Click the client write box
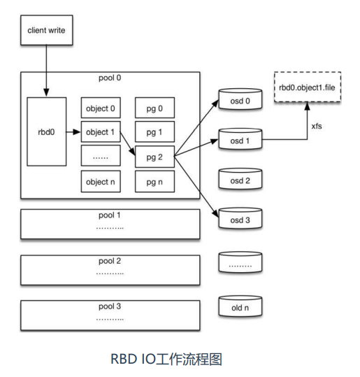tap(47, 30)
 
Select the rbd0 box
tap(47, 131)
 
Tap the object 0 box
tap(101, 108)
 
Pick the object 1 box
tap(101, 131)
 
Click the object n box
tap(101, 181)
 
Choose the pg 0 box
tap(154, 108)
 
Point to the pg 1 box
tap(154, 131)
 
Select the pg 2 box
tap(154, 157)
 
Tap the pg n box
tap(154, 181)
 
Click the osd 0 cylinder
tap(240, 99)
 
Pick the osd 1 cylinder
tap(240, 139)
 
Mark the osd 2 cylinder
tap(240, 178)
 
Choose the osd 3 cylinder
tap(240, 218)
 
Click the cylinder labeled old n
tap(240, 306)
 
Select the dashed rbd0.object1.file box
tap(308, 87)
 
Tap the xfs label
tap(317, 126)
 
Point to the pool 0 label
tap(110, 78)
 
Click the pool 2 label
tap(110, 261)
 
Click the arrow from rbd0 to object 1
tap(73, 131)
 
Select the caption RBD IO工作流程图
tap(166, 360)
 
